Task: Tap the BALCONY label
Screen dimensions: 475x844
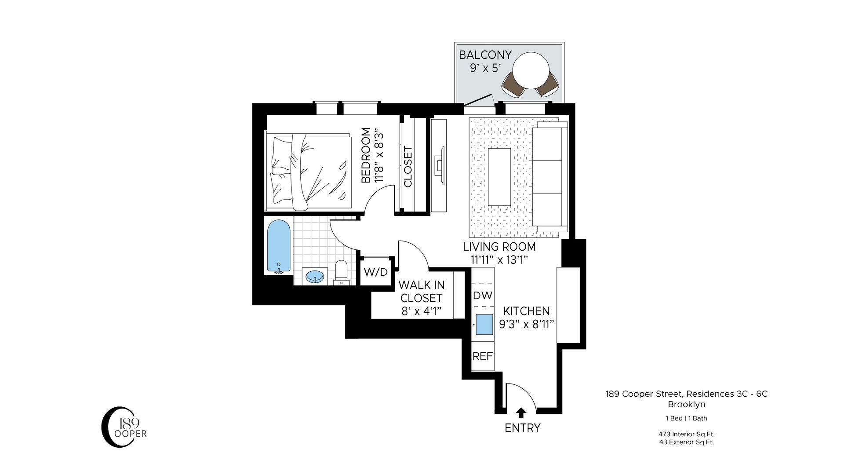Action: (485, 55)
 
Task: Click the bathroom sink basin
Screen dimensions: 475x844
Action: (315, 277)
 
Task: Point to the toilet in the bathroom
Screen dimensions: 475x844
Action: (341, 271)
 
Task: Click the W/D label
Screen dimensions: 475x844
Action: (376, 272)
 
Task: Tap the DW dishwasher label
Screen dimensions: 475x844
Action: (482, 295)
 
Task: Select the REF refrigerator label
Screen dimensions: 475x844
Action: (482, 356)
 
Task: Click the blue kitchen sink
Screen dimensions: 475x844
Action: (484, 325)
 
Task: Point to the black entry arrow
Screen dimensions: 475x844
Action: (521, 413)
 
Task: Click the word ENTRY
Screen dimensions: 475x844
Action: (522, 427)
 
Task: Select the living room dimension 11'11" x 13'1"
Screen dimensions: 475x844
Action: (499, 260)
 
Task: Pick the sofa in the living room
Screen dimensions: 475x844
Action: (549, 176)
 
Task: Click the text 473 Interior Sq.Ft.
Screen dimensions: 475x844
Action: (686, 434)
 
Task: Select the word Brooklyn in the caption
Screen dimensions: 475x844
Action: (686, 404)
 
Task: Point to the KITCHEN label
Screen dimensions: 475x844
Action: (526, 311)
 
